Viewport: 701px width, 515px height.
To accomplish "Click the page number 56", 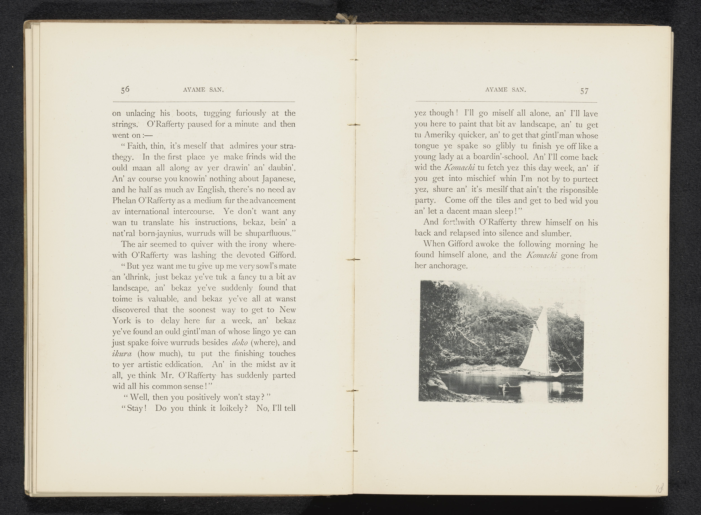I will [x=125, y=89].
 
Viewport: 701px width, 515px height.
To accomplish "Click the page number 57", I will [x=584, y=91].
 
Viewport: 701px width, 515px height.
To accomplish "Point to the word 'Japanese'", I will [x=279, y=179].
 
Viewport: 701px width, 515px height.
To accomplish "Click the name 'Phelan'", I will [x=123, y=201].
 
